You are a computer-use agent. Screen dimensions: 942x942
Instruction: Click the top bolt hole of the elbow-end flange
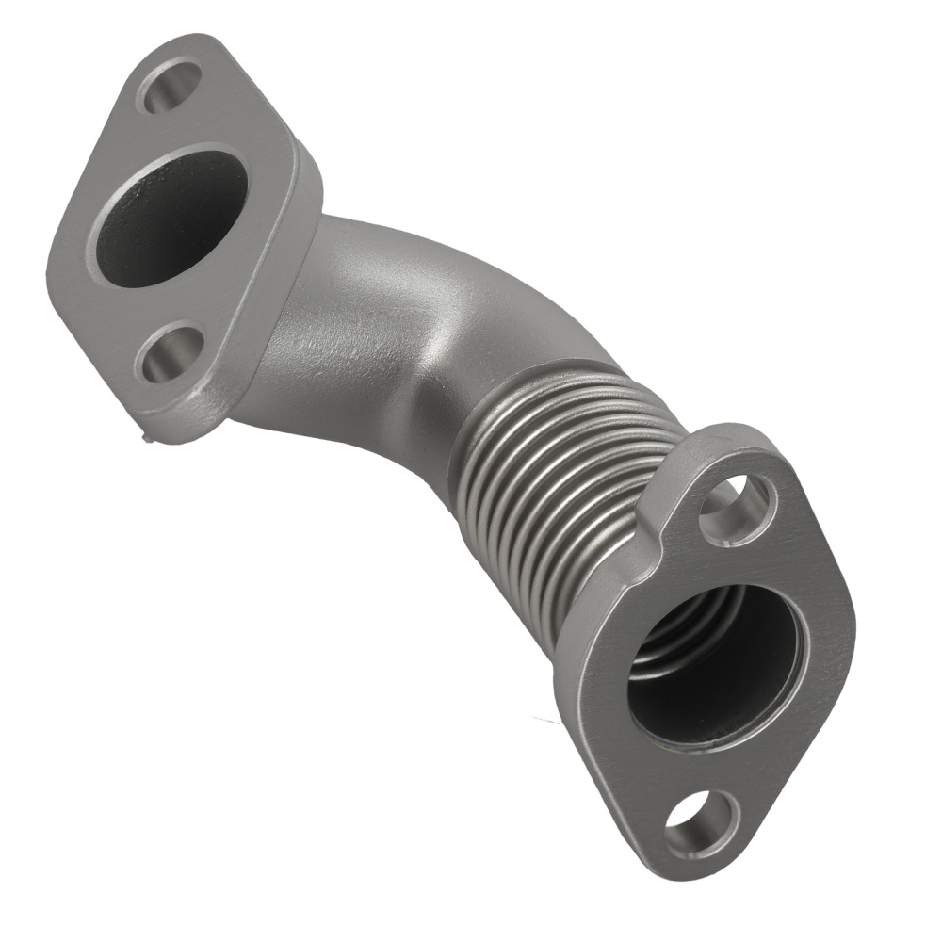coord(170,86)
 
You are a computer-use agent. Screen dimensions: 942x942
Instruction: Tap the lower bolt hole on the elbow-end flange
coord(170,354)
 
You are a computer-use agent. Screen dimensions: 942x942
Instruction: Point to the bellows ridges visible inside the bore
coord(674,641)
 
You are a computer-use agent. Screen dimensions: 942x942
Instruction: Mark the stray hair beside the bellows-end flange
coord(546,721)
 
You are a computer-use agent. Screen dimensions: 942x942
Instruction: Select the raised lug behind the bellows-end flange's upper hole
coord(669,490)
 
